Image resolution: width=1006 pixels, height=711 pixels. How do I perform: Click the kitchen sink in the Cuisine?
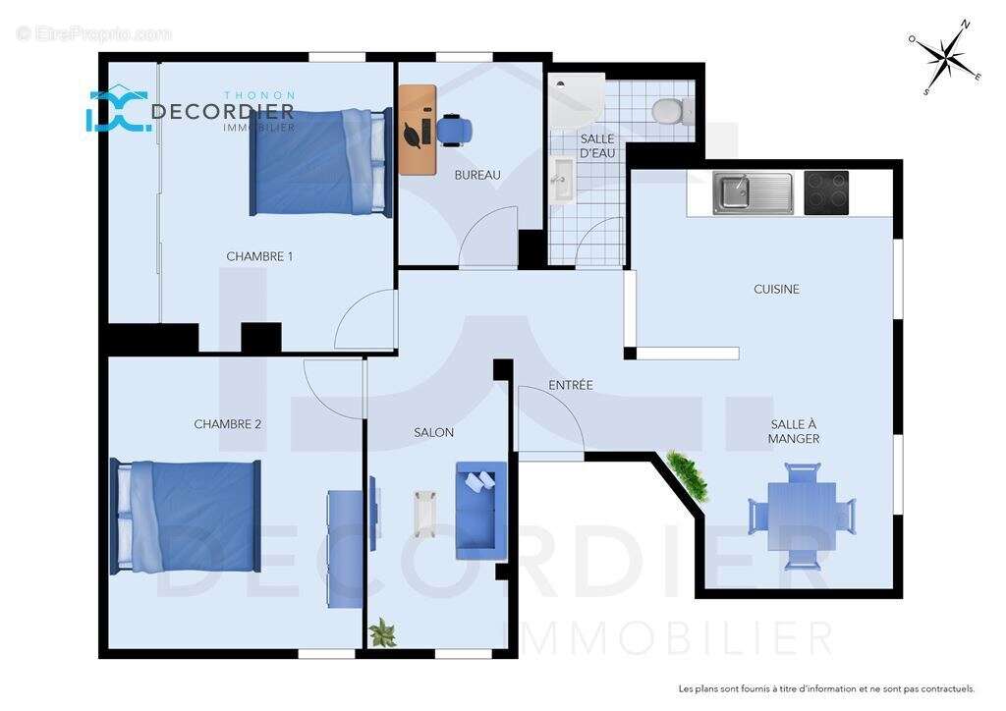753,192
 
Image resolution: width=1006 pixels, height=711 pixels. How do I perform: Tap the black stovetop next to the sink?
826,192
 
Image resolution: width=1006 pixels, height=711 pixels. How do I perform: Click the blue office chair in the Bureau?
454,129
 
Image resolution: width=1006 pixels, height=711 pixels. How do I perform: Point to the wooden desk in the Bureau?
417,129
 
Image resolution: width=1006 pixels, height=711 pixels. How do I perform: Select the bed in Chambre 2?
187,517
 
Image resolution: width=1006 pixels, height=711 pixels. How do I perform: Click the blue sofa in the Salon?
480,511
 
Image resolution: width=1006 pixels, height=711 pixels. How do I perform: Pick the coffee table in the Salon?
425,514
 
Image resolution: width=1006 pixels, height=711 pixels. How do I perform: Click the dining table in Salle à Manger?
802,516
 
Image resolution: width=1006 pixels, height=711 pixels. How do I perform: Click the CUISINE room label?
776,289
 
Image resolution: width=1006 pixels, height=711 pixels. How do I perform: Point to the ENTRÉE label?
571,385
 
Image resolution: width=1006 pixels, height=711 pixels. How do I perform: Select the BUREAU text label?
477,175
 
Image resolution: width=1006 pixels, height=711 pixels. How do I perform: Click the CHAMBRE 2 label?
227,424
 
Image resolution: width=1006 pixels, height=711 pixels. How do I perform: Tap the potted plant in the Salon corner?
381,631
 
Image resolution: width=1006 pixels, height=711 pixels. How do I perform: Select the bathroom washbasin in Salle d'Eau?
562,180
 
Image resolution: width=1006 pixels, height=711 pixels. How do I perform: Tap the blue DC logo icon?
117,111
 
